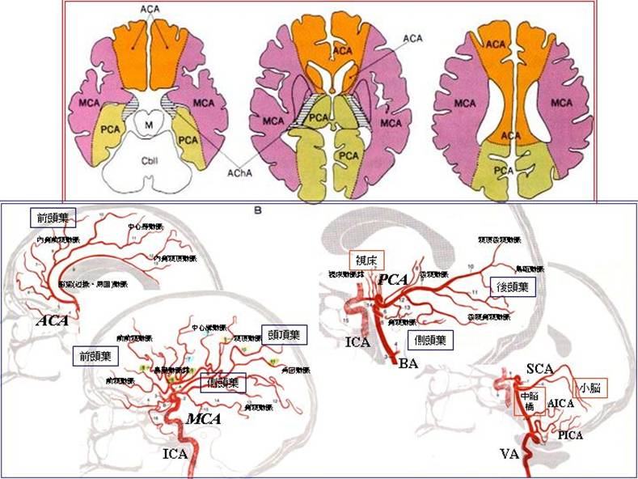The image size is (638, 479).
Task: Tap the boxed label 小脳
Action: point(589,388)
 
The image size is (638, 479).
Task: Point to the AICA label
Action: point(560,402)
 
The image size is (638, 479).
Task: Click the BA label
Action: point(408,365)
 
